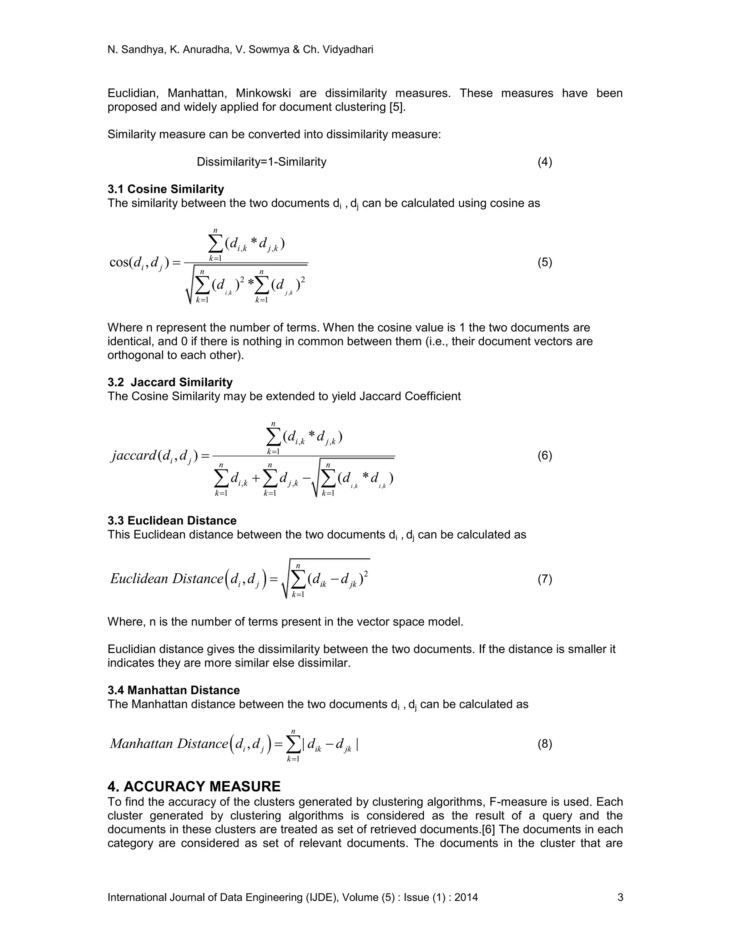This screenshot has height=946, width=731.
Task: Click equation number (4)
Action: tap(544, 162)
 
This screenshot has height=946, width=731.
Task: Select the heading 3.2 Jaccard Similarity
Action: tap(170, 382)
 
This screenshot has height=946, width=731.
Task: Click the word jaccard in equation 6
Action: tap(133, 456)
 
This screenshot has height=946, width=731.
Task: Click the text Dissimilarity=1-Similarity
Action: tap(261, 162)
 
